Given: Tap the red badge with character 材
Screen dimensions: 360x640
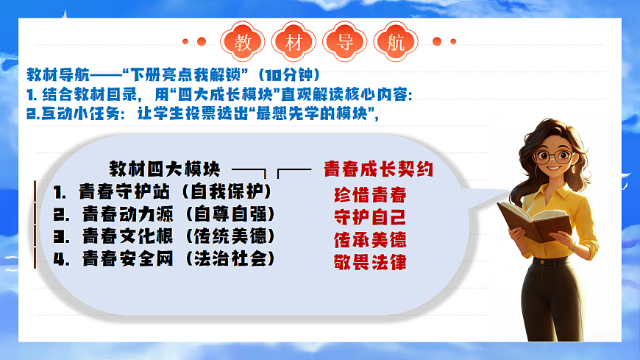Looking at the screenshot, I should (290, 42).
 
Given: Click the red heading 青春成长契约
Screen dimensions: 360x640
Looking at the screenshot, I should (378, 169).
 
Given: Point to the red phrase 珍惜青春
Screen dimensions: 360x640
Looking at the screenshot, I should (370, 196).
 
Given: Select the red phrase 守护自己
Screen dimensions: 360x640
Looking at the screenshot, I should (370, 218).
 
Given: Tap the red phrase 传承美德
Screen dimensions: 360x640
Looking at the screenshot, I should (370, 240).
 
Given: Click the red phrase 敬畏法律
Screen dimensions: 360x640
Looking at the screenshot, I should (370, 262).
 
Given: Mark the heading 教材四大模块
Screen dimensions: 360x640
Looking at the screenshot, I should (164, 169).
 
